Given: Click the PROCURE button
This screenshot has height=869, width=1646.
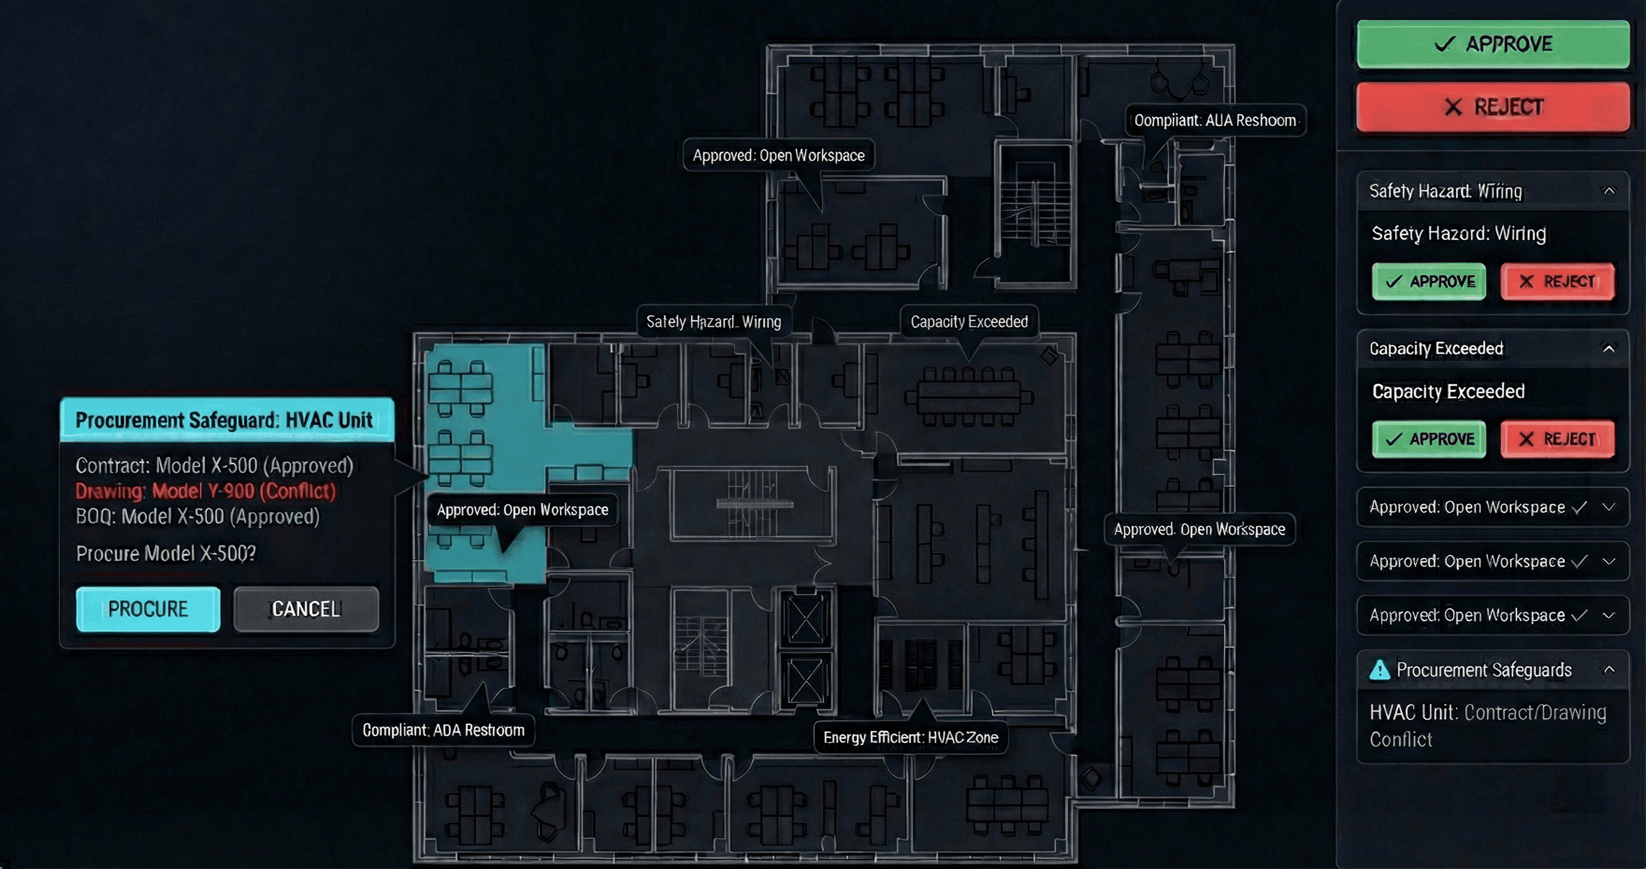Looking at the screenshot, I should tap(147, 609).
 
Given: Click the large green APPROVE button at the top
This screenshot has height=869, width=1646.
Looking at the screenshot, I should tap(1493, 44).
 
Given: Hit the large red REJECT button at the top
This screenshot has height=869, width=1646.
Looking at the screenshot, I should tap(1493, 107).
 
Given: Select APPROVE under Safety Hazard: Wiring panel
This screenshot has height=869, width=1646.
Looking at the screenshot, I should tap(1429, 281).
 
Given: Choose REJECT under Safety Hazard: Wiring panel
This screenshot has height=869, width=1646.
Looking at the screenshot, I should tap(1557, 281).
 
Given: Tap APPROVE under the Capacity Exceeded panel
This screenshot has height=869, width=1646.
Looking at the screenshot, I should tap(1429, 439).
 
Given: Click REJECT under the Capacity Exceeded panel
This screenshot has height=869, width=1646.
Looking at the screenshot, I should tap(1557, 439).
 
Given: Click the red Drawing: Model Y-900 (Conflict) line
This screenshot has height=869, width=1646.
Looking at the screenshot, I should tap(205, 491).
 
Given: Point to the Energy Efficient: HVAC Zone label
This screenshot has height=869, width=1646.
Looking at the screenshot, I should tap(910, 737).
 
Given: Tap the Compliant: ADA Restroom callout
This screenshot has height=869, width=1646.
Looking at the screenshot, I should tap(443, 730).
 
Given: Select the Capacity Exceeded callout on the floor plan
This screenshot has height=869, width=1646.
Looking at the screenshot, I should tap(969, 321).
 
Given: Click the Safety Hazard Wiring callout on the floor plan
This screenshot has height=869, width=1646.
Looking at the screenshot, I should tap(713, 321).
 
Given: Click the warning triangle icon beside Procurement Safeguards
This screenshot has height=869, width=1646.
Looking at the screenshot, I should tap(1380, 670).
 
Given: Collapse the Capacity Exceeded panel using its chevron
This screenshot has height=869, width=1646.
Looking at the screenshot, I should tap(1608, 348).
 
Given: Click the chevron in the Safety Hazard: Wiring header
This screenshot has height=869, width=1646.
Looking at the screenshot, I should tap(1608, 191).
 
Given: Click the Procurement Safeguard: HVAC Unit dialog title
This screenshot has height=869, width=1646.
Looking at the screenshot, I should tap(224, 420).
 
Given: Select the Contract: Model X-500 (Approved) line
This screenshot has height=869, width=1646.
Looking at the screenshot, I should tap(214, 465).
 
